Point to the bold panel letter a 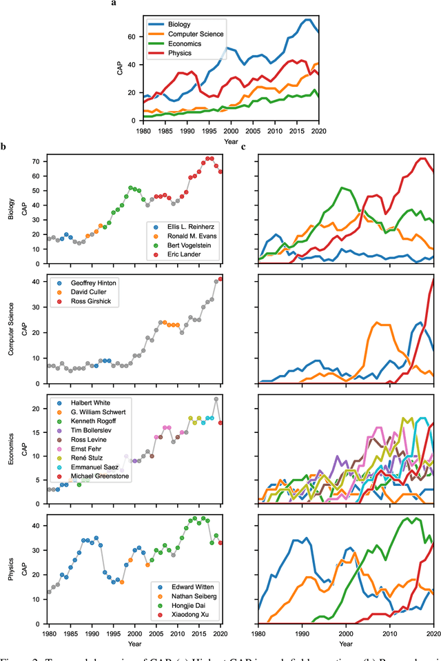pos(114,4)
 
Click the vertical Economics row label pos(9,448)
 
